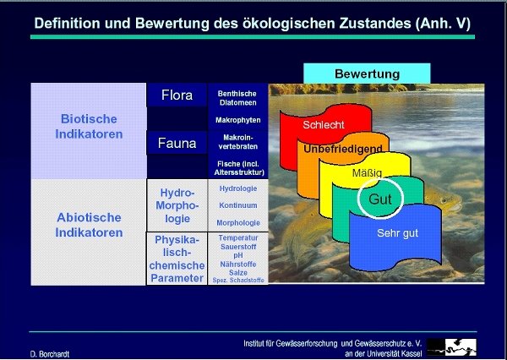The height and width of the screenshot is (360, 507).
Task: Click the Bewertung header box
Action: [367, 74]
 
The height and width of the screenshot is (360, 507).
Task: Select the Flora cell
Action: [177, 95]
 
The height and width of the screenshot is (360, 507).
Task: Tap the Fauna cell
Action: [177, 143]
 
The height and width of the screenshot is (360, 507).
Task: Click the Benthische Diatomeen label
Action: [237, 98]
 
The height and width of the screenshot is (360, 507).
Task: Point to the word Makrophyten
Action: [238, 120]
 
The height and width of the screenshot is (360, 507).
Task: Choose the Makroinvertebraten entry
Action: [238, 142]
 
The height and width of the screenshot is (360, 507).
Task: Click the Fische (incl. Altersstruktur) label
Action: [239, 168]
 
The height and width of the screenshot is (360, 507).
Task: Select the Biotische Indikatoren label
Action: [89, 127]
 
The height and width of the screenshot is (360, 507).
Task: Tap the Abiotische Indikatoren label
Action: [89, 225]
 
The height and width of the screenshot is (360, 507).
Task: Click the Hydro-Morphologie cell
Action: [177, 205]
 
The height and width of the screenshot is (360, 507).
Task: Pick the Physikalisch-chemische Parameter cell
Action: [177, 259]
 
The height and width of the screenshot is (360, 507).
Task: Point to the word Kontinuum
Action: [238, 205]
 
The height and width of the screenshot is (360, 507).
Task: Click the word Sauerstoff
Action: [238, 247]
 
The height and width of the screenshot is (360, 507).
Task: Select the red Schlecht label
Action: [324, 125]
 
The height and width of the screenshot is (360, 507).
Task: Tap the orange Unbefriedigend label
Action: [343, 149]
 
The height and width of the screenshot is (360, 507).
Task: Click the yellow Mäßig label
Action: [367, 172]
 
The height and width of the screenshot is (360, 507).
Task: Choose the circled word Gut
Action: [380, 199]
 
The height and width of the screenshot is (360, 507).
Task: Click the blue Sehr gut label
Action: [397, 233]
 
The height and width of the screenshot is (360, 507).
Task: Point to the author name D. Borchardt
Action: [50, 354]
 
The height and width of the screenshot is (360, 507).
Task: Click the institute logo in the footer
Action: [451, 347]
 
